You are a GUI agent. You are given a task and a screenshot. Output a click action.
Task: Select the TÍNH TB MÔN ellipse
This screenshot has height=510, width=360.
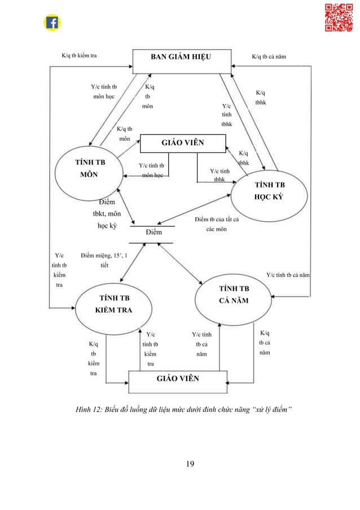[x=89, y=168]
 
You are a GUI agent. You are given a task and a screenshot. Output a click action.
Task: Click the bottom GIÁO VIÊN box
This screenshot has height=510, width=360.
[x=178, y=378]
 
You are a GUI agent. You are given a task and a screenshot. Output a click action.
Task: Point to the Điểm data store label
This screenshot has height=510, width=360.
[x=153, y=232]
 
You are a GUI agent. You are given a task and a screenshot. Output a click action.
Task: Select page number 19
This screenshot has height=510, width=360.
[x=190, y=464]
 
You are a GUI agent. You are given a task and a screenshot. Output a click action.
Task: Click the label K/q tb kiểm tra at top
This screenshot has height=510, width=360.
[x=79, y=56]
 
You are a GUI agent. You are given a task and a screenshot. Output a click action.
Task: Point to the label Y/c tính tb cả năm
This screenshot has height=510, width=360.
[x=288, y=275]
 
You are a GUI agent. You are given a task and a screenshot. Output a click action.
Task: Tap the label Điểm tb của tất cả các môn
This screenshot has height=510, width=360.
[x=217, y=224]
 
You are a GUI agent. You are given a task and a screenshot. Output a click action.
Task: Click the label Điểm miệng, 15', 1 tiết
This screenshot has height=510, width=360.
[x=104, y=260]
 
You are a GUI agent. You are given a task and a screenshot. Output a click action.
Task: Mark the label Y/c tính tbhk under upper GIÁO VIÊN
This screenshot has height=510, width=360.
[x=219, y=175]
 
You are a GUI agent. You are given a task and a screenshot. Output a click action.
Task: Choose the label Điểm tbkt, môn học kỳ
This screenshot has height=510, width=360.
[x=107, y=214]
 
